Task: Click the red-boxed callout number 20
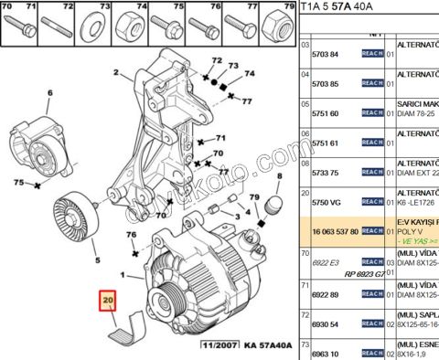pyautogui.click(x=108, y=301)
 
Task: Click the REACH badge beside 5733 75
pyautogui.click(x=371, y=173)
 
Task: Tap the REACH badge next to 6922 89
pyautogui.click(x=371, y=294)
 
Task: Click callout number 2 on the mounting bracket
pyautogui.click(x=117, y=72)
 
